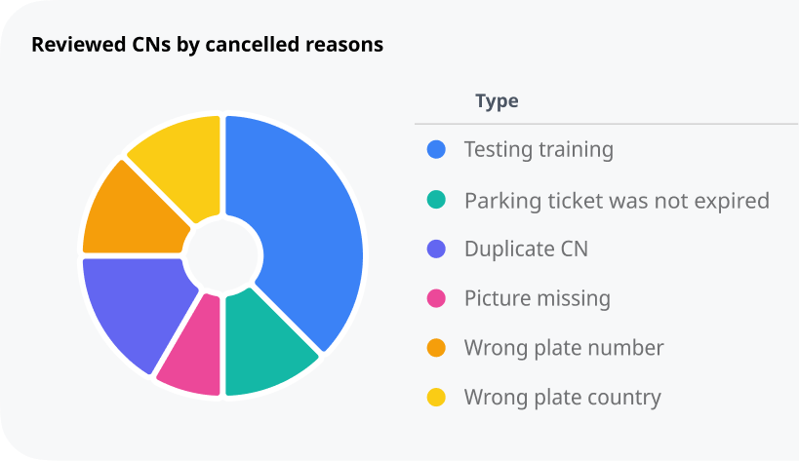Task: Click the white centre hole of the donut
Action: click(223, 255)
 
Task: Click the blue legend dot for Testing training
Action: click(437, 150)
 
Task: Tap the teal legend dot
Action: click(437, 200)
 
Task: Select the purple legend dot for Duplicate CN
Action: click(437, 250)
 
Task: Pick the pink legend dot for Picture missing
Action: click(437, 298)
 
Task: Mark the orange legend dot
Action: click(437, 348)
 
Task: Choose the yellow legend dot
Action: click(437, 398)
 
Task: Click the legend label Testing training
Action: click(539, 150)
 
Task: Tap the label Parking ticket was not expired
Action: click(617, 201)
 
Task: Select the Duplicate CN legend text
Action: click(526, 250)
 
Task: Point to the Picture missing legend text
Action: click(537, 298)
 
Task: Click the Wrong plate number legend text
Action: click(564, 348)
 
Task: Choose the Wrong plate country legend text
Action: click(562, 398)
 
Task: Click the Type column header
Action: click(497, 101)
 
